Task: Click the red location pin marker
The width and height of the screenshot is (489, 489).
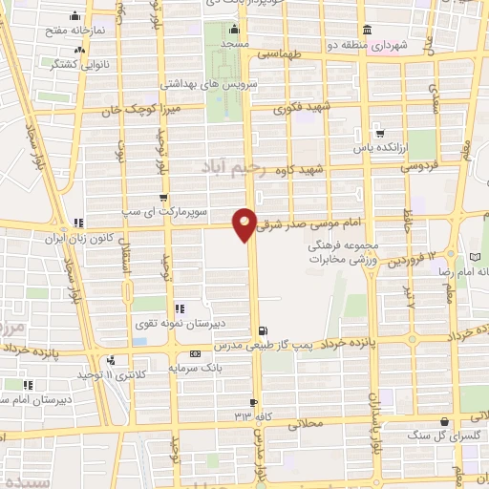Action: [245, 223]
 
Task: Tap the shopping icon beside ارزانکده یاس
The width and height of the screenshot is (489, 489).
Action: [380, 132]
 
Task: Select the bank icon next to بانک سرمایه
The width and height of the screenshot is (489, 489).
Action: [194, 352]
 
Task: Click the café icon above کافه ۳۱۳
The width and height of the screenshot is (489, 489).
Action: [253, 401]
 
